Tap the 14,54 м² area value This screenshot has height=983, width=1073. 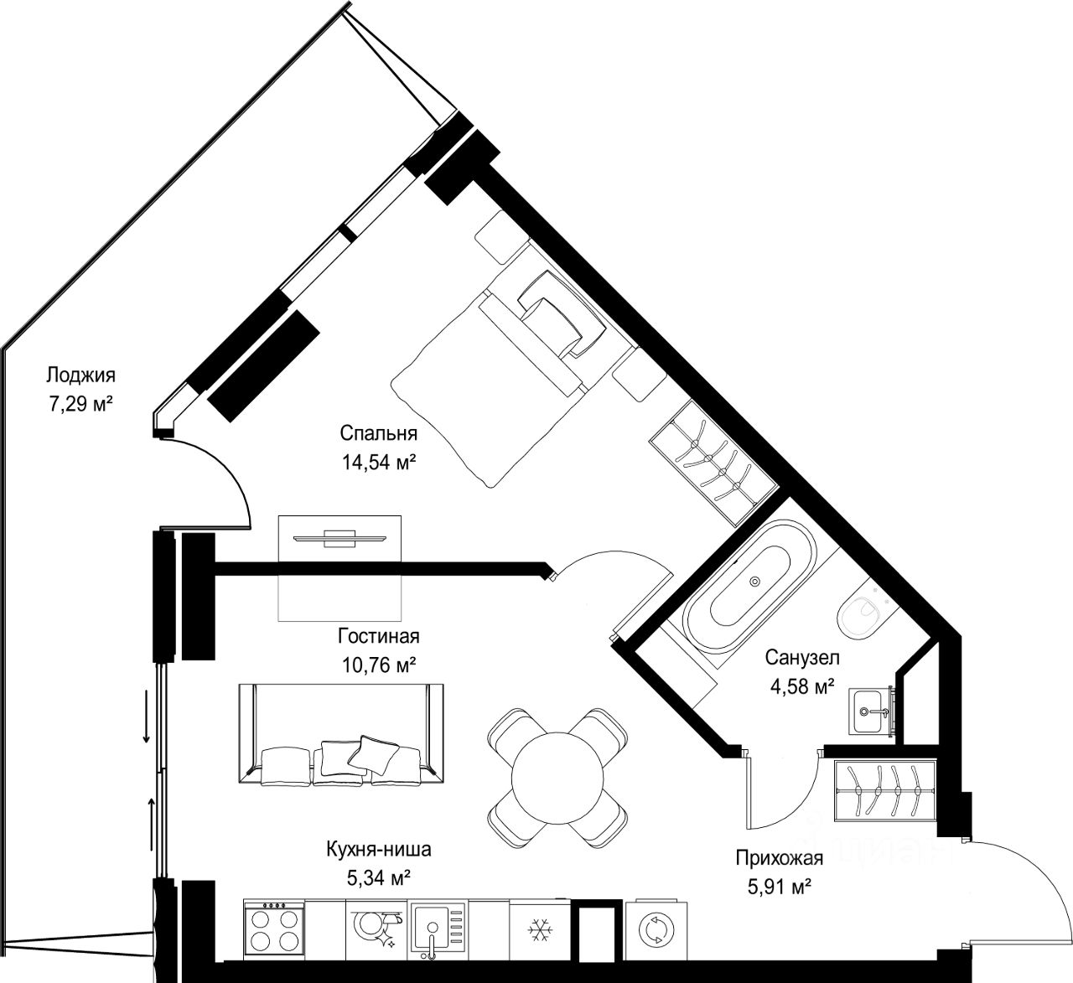[379, 462]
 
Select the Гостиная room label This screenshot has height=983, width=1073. [379, 636]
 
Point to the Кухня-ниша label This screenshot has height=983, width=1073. [379, 849]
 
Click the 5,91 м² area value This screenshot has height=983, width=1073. [780, 887]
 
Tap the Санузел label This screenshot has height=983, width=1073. [802, 658]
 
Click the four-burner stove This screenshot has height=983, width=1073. [274, 929]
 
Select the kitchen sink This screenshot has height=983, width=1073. [438, 930]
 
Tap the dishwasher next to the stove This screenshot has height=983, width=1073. [376, 930]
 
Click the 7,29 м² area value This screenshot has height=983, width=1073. [80, 404]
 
